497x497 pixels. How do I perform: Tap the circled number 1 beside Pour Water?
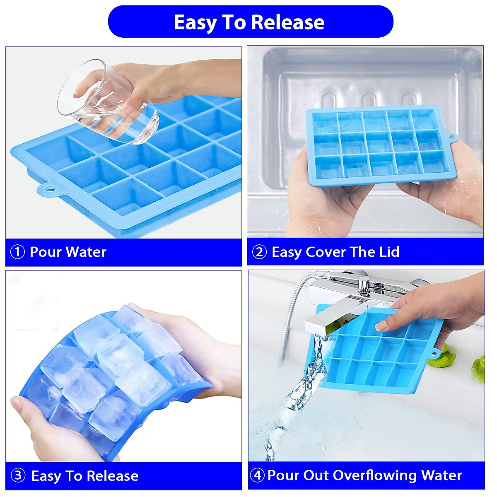pyautogui.click(x=17, y=252)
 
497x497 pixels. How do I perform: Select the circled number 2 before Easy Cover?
pyautogui.click(x=259, y=252)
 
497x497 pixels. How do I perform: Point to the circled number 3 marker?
pyautogui.click(x=18, y=475)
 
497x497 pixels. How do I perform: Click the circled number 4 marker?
pyautogui.click(x=257, y=475)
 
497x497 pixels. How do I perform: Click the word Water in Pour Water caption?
pyautogui.click(x=86, y=252)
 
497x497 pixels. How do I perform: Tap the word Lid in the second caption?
pyautogui.click(x=389, y=252)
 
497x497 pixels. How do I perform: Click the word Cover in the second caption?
pyautogui.click(x=326, y=252)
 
